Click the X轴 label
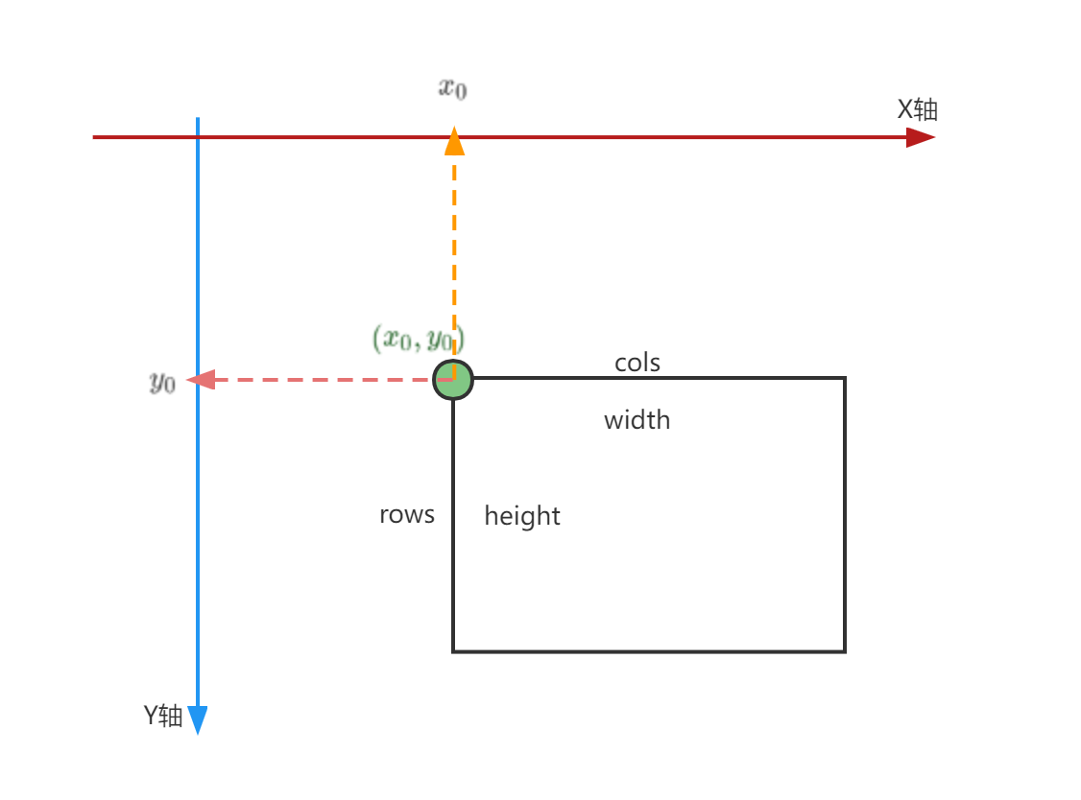[917, 109]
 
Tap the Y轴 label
[163, 716]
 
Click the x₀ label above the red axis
[453, 89]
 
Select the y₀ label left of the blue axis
[162, 382]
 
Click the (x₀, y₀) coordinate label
[419, 339]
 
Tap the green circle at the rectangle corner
[453, 380]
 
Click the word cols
[637, 363]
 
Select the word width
[637, 420]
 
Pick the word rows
[407, 514]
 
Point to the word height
[522, 516]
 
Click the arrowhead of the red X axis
[921, 137]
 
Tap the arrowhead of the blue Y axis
[198, 719]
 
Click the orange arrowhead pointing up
[454, 143]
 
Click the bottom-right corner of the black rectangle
[845, 651]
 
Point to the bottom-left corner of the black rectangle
[453, 651]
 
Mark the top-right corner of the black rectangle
[845, 378]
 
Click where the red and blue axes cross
[198, 137]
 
